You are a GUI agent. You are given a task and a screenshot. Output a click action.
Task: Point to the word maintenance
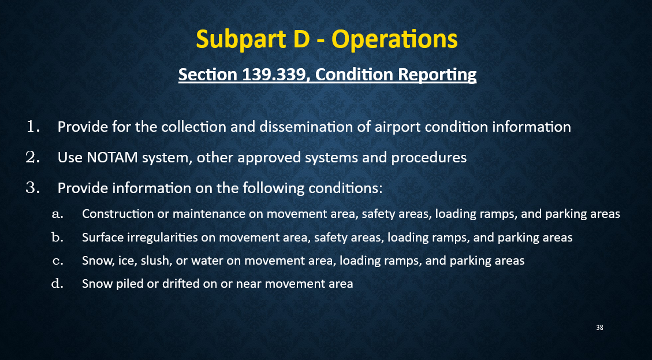tap(202, 214)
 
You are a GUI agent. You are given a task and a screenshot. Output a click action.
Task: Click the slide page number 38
tap(599, 328)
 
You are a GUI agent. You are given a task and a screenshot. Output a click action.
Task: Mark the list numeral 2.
tap(32, 157)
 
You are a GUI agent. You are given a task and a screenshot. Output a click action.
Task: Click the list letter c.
tap(57, 261)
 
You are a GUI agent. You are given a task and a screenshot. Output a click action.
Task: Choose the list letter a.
tap(57, 214)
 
